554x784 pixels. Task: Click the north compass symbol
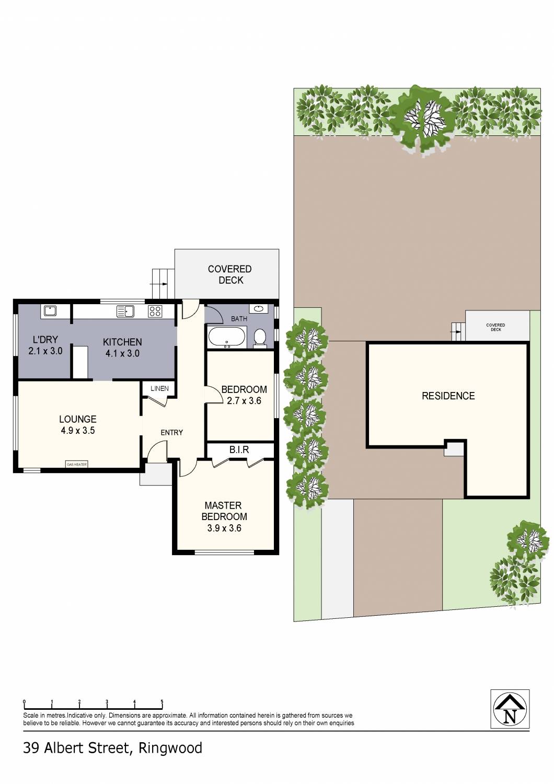coord(510,709)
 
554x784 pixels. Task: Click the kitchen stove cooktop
coord(155,312)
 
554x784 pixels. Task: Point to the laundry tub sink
coord(50,311)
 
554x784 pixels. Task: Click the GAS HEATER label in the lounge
coord(77,464)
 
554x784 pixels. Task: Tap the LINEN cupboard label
coord(159,388)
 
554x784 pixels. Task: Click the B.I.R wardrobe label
coord(239,449)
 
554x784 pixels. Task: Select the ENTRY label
coord(171,432)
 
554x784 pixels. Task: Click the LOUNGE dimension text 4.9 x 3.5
coord(77,431)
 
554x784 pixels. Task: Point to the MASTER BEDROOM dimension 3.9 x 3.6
coord(224,528)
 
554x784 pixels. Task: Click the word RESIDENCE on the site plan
coord(448,396)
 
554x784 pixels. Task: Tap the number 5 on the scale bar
coord(162,702)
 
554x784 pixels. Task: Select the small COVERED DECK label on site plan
coord(495,327)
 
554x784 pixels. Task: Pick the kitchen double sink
coord(126,312)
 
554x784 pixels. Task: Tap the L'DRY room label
coord(45,339)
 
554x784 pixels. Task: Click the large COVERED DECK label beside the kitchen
coord(230,274)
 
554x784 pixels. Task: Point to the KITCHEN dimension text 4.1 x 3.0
coord(122,353)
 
